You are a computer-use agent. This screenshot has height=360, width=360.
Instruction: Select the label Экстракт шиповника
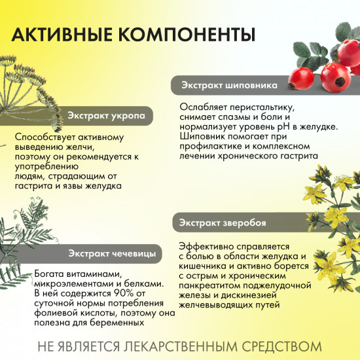[229, 85]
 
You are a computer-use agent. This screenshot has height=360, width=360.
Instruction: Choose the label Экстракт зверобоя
[223, 223]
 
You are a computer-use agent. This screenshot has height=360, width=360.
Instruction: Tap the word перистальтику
[260, 107]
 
